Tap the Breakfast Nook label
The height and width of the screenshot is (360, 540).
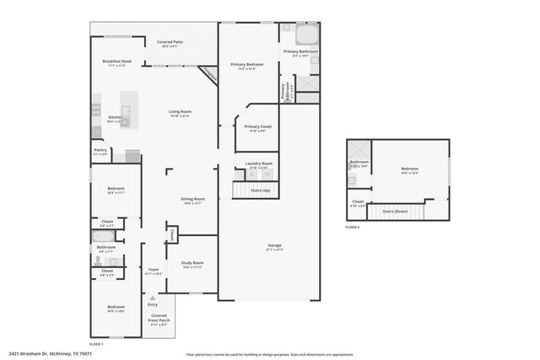click(x=116, y=62)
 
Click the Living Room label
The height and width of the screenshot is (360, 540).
click(x=180, y=113)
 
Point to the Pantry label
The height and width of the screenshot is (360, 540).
click(x=100, y=153)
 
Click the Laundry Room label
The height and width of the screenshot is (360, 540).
click(x=259, y=164)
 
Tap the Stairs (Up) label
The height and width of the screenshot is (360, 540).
click(x=261, y=191)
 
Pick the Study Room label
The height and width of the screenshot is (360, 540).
click(x=192, y=265)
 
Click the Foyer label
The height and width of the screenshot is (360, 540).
click(x=154, y=271)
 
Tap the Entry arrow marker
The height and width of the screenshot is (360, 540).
click(x=153, y=298)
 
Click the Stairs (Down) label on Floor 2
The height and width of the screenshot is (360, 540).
click(x=396, y=211)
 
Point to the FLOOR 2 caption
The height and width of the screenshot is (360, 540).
click(x=353, y=228)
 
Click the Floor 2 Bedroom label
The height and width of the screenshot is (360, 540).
click(x=409, y=170)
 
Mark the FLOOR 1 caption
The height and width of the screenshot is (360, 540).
click(x=96, y=343)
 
